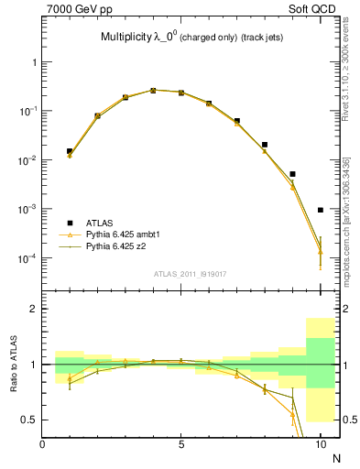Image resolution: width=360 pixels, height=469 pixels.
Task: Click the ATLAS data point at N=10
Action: (321, 210)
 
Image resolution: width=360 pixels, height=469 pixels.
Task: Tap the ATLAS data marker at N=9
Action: (292, 174)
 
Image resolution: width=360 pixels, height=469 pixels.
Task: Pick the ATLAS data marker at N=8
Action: (265, 145)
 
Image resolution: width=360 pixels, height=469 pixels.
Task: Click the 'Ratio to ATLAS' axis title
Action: (12, 364)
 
